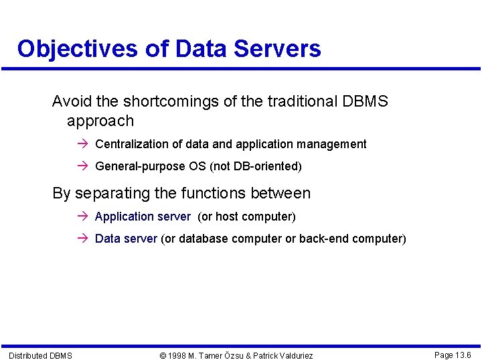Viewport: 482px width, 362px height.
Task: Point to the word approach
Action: pyautogui.click(x=100, y=121)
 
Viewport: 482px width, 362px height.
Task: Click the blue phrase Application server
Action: pyautogui.click(x=143, y=217)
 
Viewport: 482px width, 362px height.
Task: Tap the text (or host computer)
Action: pyautogui.click(x=246, y=217)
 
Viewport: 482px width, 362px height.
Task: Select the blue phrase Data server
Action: pyautogui.click(x=126, y=239)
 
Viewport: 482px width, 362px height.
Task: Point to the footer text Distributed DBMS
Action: pyautogui.click(x=40, y=355)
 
